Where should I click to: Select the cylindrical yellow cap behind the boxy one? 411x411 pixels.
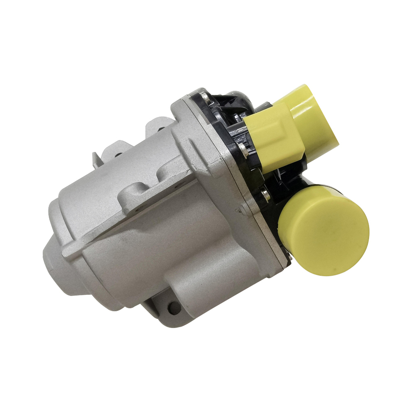coord(315,116)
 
